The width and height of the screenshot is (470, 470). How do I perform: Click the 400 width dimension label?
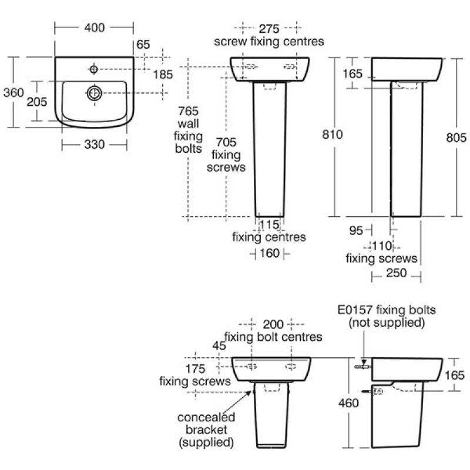pyautogui.click(x=93, y=28)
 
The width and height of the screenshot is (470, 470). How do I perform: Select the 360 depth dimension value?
pyautogui.click(x=12, y=92)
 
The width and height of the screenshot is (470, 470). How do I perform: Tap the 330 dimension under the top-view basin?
pyautogui.click(x=93, y=144)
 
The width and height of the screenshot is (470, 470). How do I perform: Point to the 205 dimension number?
pyautogui.click(x=37, y=101)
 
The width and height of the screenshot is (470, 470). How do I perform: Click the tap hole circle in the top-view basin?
pyautogui.click(x=94, y=70)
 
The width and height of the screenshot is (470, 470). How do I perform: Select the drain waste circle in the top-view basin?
pyautogui.click(x=94, y=92)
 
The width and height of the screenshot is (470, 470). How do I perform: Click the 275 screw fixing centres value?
pyautogui.click(x=269, y=29)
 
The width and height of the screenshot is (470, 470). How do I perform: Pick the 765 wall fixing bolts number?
pyautogui.click(x=191, y=111)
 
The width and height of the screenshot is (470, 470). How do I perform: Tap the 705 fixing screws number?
pyautogui.click(x=226, y=142)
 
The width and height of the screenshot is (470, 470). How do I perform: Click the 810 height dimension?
pyautogui.click(x=333, y=134)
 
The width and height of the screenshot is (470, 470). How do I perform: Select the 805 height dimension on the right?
pyautogui.click(x=456, y=137)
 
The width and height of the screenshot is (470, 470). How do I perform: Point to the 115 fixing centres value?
pyautogui.click(x=268, y=224)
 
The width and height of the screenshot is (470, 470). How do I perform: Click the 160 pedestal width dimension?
pyautogui.click(x=269, y=254)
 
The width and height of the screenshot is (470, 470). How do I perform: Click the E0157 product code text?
pyautogui.click(x=355, y=310)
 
